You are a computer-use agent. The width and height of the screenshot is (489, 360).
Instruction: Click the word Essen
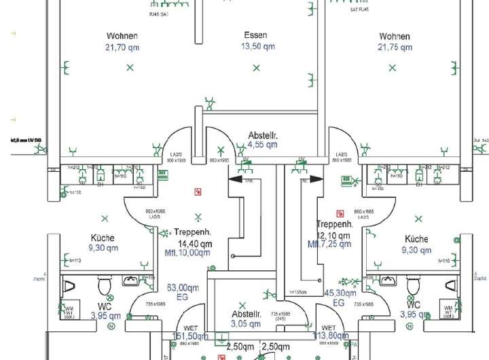click(x=256, y=35)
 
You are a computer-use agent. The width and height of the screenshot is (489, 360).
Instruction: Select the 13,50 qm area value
click(x=258, y=47)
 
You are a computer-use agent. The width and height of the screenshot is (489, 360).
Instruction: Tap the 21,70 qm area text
click(x=122, y=48)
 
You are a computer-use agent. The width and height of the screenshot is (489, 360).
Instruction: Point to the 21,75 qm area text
click(x=395, y=48)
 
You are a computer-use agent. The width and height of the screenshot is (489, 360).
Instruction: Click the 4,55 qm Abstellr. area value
click(x=262, y=145)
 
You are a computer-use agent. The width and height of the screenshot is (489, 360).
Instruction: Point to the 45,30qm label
click(x=340, y=293)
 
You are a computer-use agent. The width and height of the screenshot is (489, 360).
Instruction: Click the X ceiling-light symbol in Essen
click(x=256, y=67)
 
